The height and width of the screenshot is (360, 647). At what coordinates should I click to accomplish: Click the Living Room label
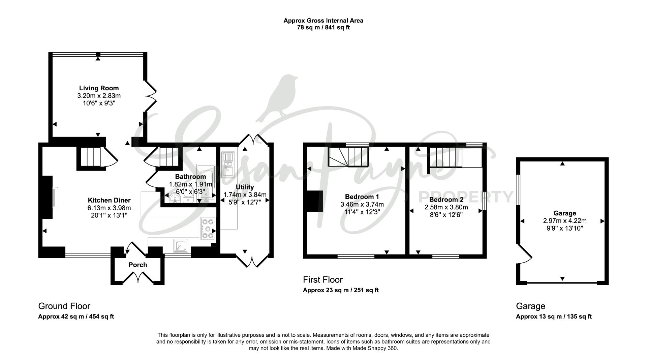[x=99, y=88]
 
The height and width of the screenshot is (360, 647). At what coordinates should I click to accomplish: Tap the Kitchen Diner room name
[x=109, y=200]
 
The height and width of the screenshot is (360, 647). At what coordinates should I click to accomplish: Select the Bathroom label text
[x=190, y=177]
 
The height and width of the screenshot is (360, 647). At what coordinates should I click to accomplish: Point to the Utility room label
[x=245, y=187]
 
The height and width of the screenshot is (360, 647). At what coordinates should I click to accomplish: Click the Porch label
[x=138, y=265]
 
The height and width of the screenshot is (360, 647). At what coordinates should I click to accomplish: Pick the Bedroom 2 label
[x=446, y=200]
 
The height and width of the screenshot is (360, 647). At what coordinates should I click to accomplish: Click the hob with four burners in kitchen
[x=208, y=229]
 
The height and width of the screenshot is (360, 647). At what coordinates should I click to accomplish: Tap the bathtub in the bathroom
[x=206, y=181]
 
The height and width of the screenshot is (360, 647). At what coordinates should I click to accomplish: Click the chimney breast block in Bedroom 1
[x=315, y=202]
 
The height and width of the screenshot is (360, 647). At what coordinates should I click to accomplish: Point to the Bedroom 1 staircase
[x=349, y=157]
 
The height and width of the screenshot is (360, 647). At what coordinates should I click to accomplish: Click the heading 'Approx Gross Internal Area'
[x=323, y=21]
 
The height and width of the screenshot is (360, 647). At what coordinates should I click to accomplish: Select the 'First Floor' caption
[x=322, y=280]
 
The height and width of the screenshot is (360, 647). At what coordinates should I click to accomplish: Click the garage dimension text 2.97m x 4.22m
[x=565, y=221]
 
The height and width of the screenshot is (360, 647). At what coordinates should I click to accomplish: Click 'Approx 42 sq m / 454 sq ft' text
[x=76, y=317]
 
